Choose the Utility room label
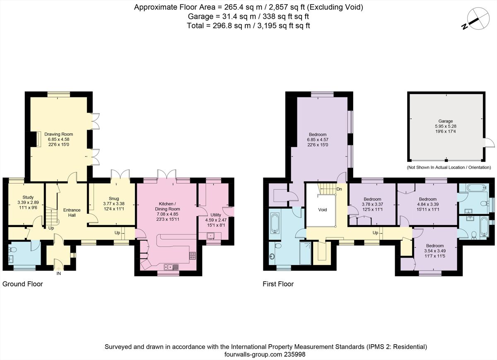(x=215, y=215)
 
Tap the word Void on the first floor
(x=322, y=210)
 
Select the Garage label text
(x=446, y=121)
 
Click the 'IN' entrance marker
(x=58, y=273)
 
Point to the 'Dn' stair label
(x=339, y=189)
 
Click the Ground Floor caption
(x=22, y=284)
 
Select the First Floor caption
(x=278, y=284)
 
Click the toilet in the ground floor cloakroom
(x=13, y=249)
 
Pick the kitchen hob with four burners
(x=192, y=256)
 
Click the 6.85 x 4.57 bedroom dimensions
(x=317, y=140)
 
